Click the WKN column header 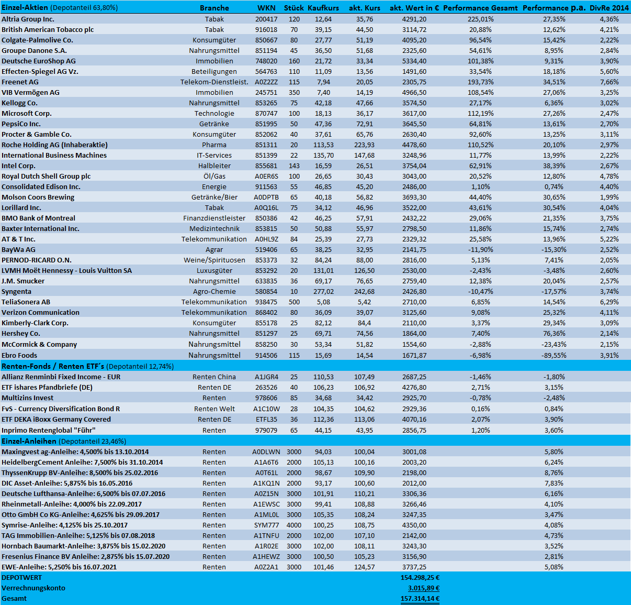(266, 8)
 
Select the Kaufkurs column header (323, 8)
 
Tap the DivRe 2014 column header (609, 8)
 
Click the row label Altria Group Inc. (28, 19)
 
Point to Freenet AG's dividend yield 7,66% (609, 82)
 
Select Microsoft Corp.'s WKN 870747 (266, 113)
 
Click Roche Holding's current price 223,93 (364, 145)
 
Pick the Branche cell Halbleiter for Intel (215, 166)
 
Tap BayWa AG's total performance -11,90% (480, 249)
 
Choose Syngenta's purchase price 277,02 (323, 291)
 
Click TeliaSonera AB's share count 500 (294, 302)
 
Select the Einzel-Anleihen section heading (29, 441)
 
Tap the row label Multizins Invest (27, 398)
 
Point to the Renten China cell (214, 377)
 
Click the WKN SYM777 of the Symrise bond (266, 525)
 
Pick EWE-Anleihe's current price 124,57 (364, 567)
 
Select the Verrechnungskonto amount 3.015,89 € (423, 588)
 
